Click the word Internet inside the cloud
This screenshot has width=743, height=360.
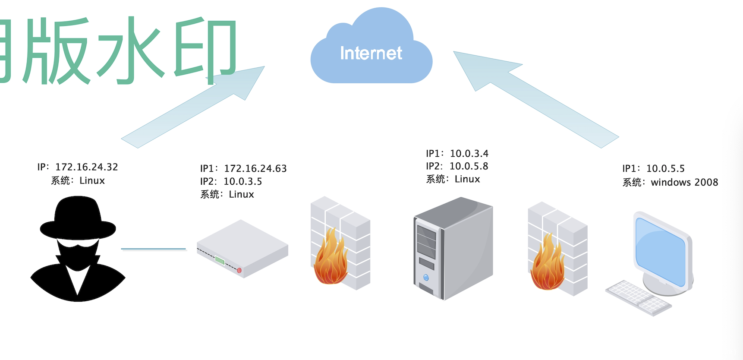coord(371,53)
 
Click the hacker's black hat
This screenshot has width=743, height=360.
coord(78,218)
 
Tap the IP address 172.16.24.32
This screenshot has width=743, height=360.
coord(87,167)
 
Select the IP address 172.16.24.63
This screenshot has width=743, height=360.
coord(255,168)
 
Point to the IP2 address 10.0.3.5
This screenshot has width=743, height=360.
coord(243,181)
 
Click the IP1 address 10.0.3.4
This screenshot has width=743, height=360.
coord(469,154)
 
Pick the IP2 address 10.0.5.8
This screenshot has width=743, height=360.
coord(469,166)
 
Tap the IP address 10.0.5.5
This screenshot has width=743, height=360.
coord(665,169)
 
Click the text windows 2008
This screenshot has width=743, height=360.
coord(684,183)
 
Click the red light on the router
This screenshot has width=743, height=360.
coord(239,271)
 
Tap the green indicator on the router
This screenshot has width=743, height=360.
coord(220,260)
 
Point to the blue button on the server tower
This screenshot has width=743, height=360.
coord(426,278)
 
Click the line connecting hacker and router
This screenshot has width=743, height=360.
coord(153,249)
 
